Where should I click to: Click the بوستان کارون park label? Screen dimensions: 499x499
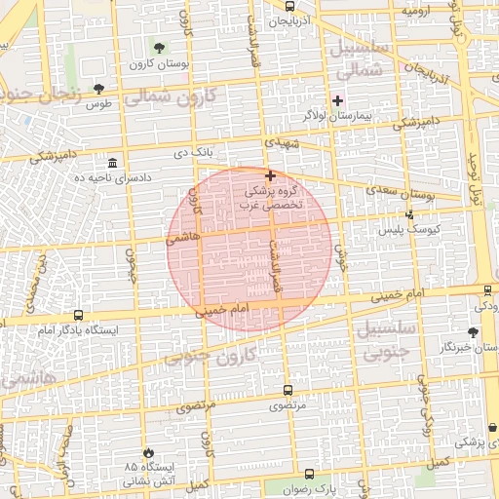pos(158,63)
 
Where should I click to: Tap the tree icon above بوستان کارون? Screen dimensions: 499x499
pos(159,47)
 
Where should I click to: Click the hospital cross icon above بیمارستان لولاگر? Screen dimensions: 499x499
pos(338,100)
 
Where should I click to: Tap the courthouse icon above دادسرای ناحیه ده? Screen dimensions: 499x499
pos(114,162)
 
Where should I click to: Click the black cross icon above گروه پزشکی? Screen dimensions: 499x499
pos(270,175)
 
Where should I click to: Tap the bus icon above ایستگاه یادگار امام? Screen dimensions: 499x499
pos(78,315)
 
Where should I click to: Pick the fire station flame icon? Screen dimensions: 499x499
pos(148,453)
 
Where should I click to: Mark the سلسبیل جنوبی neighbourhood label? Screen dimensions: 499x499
pos(388,339)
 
